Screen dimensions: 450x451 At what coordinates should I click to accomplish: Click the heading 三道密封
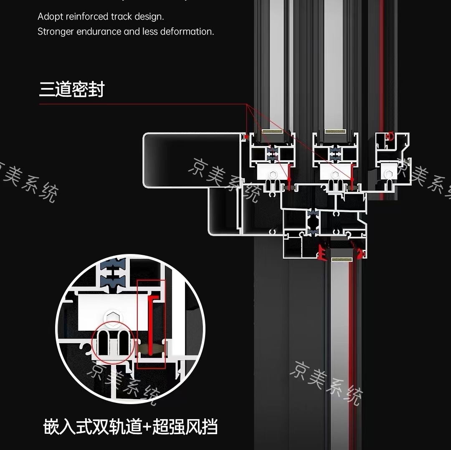[x=72, y=89]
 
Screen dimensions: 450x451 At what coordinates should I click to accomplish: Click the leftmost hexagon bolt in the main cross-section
[x=273, y=174]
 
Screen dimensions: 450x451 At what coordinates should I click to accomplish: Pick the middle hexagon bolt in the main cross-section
[x=334, y=174]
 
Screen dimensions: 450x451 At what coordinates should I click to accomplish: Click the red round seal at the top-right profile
[x=391, y=136]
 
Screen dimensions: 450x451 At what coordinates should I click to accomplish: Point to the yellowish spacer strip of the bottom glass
[x=342, y=259]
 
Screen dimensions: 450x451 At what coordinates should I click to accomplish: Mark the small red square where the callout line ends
[x=247, y=136]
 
